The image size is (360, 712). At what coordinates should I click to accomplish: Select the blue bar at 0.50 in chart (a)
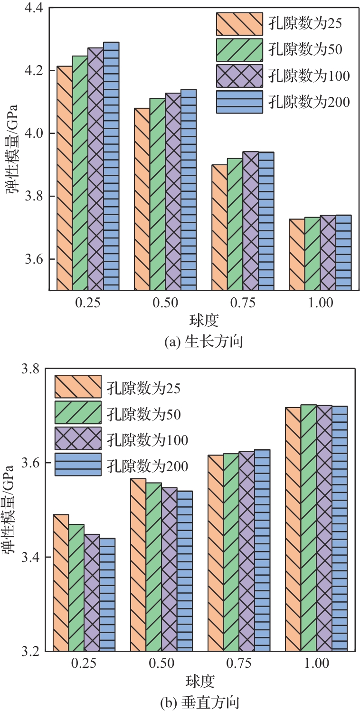point(189,190)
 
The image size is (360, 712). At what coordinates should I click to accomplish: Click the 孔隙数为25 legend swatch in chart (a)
point(239,24)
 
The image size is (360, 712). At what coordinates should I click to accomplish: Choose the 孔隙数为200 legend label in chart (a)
point(309,102)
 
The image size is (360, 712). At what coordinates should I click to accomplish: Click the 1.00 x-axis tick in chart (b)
point(316,663)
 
